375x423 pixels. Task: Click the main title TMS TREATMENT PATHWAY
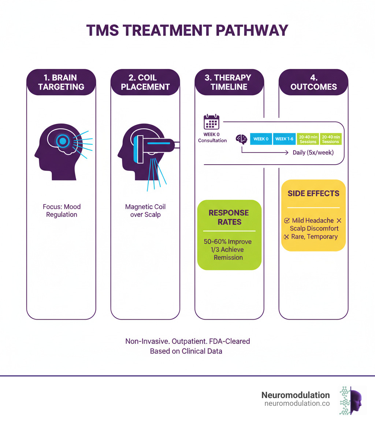click(x=187, y=30)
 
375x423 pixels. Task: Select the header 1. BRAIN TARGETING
click(x=61, y=82)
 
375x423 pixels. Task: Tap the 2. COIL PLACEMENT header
click(x=145, y=82)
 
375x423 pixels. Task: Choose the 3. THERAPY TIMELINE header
click(x=229, y=82)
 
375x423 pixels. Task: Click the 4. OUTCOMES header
click(x=313, y=82)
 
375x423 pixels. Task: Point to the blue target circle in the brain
click(x=63, y=140)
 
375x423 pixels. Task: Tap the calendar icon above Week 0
click(x=211, y=122)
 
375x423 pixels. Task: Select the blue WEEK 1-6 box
click(x=284, y=139)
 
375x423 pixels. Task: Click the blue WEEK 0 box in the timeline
click(x=261, y=139)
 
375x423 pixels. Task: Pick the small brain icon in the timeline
click(x=241, y=139)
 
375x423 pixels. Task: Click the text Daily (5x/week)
click(x=313, y=152)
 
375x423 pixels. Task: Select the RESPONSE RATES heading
click(x=229, y=217)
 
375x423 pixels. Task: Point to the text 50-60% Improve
click(x=228, y=242)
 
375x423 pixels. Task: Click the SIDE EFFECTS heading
click(x=313, y=194)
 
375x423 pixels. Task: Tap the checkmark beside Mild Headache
click(x=287, y=221)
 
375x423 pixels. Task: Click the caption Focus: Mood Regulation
click(x=62, y=210)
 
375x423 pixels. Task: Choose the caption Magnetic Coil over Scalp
click(x=145, y=210)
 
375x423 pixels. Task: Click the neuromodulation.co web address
click(x=297, y=404)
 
